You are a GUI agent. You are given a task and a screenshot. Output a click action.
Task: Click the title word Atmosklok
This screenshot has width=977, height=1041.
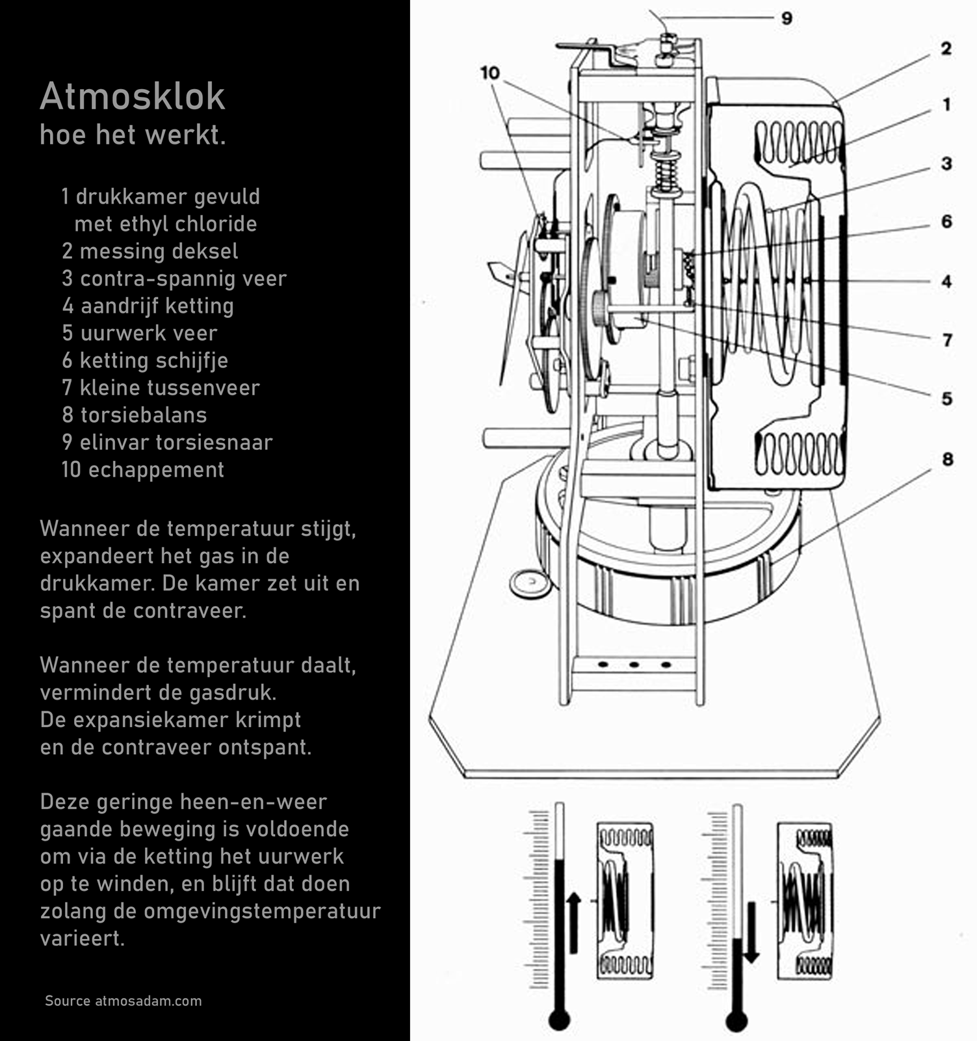tap(132, 97)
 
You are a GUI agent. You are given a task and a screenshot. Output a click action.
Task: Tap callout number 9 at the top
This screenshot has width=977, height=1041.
tap(787, 18)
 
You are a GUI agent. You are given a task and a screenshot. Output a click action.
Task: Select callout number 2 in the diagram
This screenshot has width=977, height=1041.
tap(946, 49)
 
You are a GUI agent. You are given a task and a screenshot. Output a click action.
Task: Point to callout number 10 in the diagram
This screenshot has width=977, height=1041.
tap(489, 73)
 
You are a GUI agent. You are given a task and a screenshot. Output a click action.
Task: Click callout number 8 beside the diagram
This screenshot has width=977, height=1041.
tap(947, 460)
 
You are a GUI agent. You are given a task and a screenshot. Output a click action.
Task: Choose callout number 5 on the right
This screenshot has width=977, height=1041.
tap(947, 399)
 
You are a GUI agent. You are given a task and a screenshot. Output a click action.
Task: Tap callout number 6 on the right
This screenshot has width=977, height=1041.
tap(946, 222)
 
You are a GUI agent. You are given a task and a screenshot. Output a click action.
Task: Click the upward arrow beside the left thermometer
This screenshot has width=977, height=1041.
tap(573, 923)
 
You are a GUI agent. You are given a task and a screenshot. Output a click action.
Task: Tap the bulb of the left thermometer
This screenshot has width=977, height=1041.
tap(559, 1020)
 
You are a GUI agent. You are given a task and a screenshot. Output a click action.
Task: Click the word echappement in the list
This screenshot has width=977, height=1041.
tap(156, 469)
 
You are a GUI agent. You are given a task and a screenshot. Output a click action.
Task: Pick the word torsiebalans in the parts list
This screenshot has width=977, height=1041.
tap(143, 415)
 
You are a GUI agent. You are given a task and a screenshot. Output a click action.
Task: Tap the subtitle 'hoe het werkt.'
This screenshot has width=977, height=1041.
tap(133, 135)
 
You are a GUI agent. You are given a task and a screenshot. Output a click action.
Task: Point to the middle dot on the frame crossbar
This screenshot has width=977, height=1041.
tap(634, 665)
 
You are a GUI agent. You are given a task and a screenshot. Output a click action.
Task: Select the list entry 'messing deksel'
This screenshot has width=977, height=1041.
tap(159, 251)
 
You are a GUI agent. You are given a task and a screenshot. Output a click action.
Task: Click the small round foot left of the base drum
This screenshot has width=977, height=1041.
tap(530, 583)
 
